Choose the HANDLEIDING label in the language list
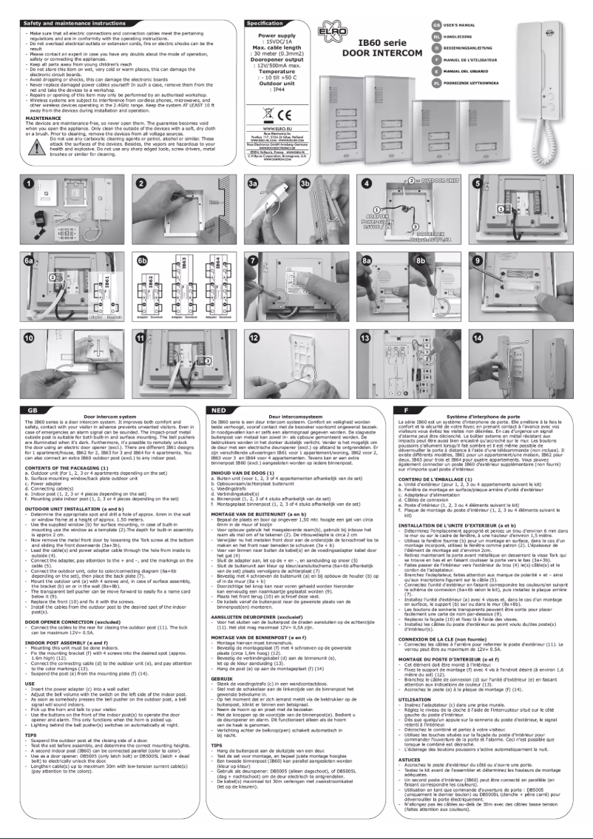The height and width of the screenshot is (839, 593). [467, 36]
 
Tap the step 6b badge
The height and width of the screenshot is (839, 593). [142, 260]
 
